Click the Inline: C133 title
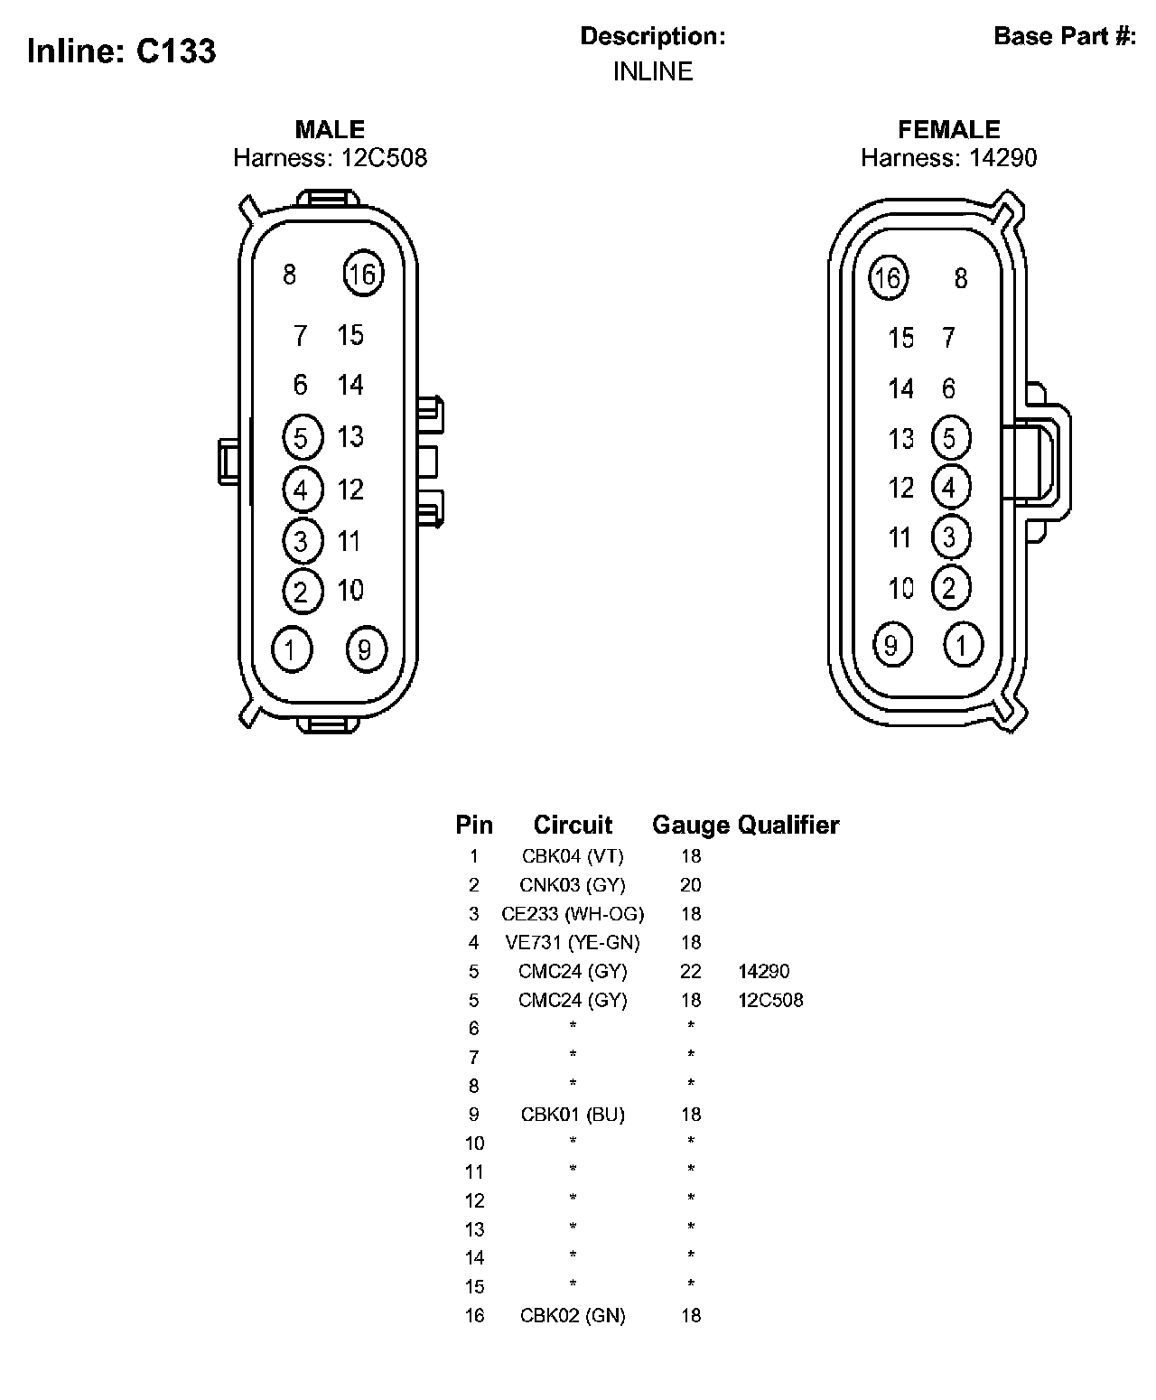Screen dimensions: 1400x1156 pos(122,51)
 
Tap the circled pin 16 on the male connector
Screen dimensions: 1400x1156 pos(363,273)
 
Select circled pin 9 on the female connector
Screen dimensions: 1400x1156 pos(891,645)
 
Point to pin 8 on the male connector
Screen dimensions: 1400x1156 pos(289,274)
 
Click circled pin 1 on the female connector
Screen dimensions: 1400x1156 pos(962,646)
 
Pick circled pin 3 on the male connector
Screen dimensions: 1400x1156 pos(301,540)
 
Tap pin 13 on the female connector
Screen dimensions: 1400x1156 pos(901,439)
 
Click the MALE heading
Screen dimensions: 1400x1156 pos(330,129)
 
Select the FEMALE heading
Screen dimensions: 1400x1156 pos(948,129)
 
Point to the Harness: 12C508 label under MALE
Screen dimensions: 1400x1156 pos(330,158)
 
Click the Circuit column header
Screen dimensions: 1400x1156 pos(573,825)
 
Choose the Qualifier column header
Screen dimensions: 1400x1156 pos(788,825)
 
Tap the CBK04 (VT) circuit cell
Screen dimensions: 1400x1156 pos(573,856)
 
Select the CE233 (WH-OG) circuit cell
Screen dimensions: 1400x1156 pos(573,914)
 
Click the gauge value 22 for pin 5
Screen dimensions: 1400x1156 pos(691,972)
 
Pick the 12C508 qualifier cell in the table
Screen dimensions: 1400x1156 pos(770,1000)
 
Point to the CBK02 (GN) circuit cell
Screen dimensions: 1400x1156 pos(573,1316)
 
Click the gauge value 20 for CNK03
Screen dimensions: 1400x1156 pos(691,885)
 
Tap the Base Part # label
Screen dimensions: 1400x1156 pos(1064,36)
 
